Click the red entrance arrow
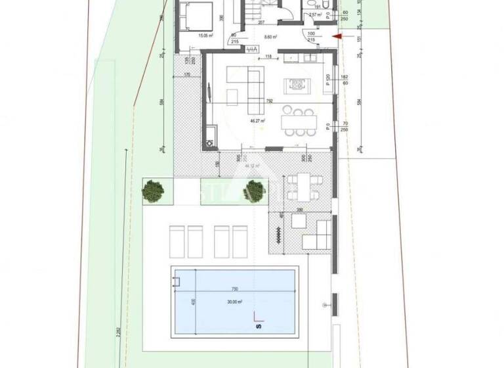click(x=337, y=37)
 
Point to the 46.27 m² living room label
click(x=257, y=122)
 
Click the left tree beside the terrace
click(x=154, y=191)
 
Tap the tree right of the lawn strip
click(x=253, y=191)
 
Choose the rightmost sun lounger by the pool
click(x=240, y=241)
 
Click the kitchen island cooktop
click(x=295, y=84)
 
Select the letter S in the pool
click(x=257, y=324)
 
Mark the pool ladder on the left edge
click(x=176, y=281)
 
